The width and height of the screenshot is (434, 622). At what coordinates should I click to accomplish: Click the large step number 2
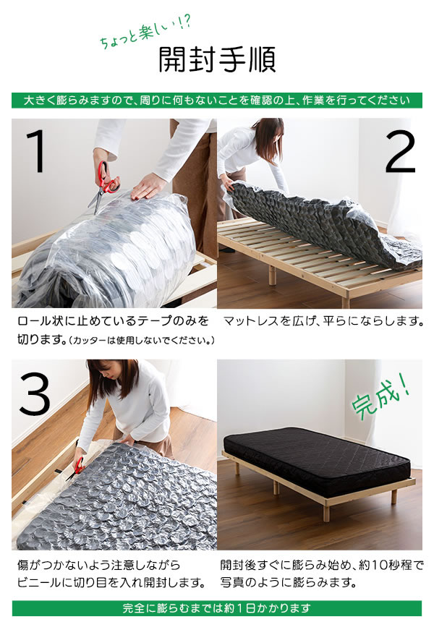tap(400, 153)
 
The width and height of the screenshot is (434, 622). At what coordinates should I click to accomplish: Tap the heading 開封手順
tap(217, 61)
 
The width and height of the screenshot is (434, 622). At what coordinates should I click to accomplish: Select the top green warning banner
tap(217, 101)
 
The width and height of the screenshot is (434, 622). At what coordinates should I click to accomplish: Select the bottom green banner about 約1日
tap(217, 608)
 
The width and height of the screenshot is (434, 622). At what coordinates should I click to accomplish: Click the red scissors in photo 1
tap(105, 181)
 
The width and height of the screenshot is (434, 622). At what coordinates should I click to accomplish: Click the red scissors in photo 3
tap(76, 466)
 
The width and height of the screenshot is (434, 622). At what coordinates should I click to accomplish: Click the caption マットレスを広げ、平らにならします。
tap(323, 320)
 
